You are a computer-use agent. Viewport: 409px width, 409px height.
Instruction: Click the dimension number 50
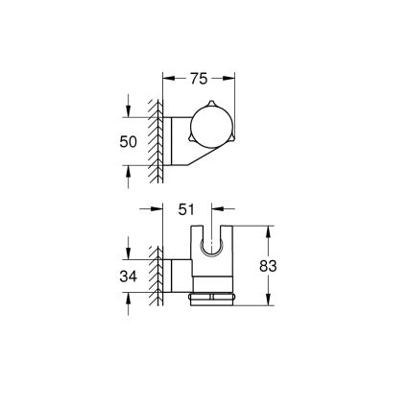point(129,142)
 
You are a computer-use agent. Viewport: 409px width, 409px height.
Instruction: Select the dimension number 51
point(187,208)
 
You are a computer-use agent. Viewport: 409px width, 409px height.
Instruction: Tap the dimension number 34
point(129,277)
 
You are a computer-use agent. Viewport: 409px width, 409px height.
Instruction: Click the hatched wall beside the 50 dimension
point(154,142)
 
